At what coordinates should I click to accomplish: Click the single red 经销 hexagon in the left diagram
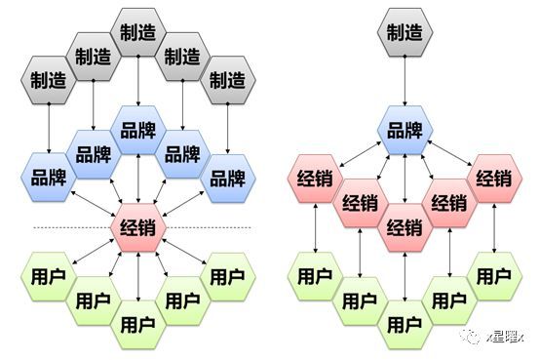coord(138,227)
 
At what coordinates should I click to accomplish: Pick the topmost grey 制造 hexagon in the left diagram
coord(138,31)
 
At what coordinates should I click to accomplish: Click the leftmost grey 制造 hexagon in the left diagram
coord(48,80)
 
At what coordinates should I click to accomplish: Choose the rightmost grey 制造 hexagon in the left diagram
coord(228,80)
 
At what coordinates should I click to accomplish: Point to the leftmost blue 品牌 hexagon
coord(48,178)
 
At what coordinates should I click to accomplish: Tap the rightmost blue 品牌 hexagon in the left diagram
coord(228,178)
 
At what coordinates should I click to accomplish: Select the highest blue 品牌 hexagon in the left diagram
coord(138,130)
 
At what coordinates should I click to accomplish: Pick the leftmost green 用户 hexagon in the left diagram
coord(48,275)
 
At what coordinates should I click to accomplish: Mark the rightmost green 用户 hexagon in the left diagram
coord(228,275)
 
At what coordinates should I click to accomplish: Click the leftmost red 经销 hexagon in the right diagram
coord(314,179)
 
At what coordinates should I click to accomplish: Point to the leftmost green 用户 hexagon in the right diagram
coord(314,275)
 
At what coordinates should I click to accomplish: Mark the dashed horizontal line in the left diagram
coord(58,227)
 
